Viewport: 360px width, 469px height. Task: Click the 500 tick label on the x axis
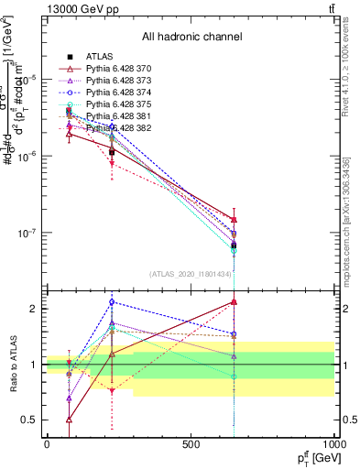[191, 443]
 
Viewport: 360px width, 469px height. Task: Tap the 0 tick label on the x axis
[47, 443]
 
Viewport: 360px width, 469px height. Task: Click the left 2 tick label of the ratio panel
[37, 309]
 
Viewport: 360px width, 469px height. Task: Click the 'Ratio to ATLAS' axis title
[13, 365]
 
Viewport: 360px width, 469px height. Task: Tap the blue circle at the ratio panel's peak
[112, 301]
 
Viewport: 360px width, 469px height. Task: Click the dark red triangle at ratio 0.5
[70, 420]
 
